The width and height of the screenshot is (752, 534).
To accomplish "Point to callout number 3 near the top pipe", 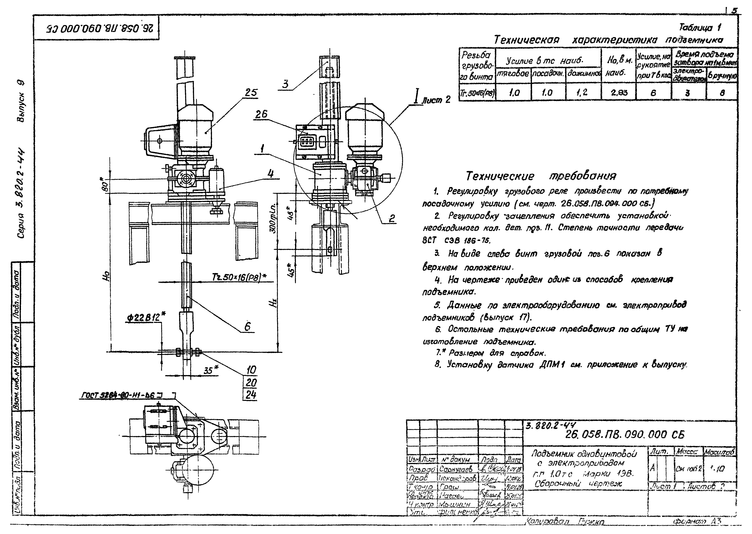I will pyautogui.click(x=285, y=84).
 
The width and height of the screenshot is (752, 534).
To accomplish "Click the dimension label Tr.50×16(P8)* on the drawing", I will pyautogui.click(x=238, y=277).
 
